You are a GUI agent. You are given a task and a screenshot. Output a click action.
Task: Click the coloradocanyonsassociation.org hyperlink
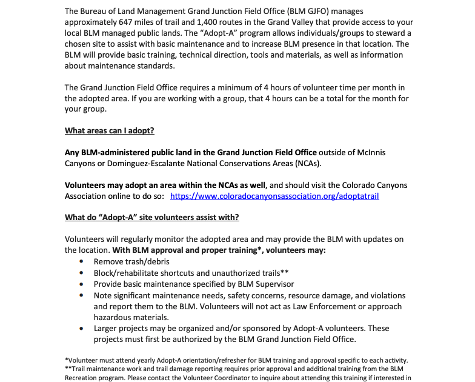click(x=274, y=196)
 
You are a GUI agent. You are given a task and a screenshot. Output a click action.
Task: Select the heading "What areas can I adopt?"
click(x=110, y=130)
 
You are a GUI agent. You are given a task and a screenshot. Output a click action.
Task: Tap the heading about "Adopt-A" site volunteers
click(x=152, y=217)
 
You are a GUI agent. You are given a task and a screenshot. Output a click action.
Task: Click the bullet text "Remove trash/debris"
click(x=131, y=261)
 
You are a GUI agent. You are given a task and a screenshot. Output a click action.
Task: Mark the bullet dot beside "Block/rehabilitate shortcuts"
click(x=82, y=273)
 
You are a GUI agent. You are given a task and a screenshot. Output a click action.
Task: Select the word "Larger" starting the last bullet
click(x=107, y=328)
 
